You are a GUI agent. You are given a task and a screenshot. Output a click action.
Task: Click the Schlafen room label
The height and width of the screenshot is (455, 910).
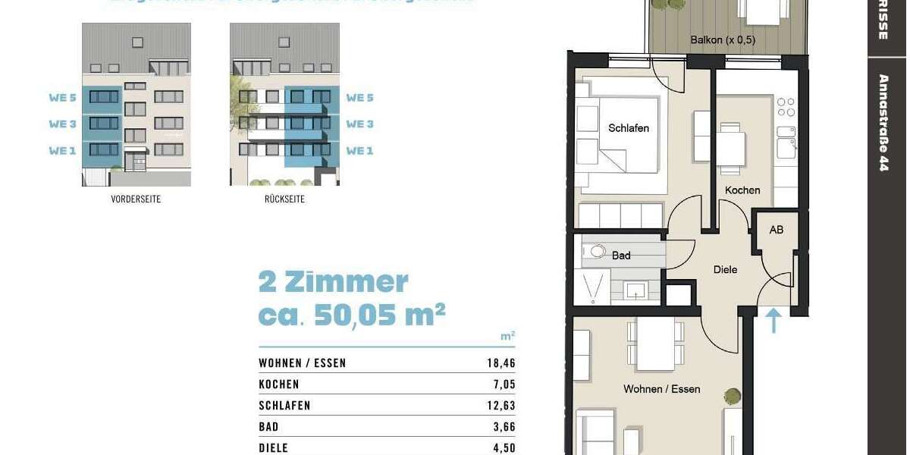click(628, 128)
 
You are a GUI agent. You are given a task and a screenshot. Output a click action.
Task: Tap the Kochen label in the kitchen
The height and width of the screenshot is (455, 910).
click(742, 190)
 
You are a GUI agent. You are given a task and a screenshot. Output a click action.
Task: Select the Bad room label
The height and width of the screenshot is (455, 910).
click(621, 256)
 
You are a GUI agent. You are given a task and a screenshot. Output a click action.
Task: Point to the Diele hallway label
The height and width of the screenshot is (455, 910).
click(725, 269)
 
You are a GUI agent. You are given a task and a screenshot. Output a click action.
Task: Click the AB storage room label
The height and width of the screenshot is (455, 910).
click(776, 229)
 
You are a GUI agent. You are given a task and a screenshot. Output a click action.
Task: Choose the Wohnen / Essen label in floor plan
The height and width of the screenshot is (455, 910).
click(661, 389)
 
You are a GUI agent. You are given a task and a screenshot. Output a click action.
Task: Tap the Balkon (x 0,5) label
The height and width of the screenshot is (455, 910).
click(723, 39)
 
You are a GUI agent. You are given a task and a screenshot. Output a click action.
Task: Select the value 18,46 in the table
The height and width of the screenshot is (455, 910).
click(500, 363)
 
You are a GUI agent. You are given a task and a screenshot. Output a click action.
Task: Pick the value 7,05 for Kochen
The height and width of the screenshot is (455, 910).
click(504, 384)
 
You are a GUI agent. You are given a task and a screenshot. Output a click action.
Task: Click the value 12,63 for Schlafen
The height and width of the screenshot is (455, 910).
click(500, 406)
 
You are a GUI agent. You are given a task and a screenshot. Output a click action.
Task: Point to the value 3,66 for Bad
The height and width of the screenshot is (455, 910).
click(504, 427)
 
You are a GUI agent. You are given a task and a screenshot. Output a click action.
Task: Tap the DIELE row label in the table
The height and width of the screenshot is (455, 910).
click(274, 448)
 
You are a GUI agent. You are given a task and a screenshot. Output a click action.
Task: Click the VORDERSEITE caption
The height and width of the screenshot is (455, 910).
click(136, 199)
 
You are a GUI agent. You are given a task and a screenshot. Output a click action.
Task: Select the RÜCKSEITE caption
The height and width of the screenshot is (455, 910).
click(284, 199)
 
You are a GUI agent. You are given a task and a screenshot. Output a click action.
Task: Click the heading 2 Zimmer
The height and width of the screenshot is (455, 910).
click(333, 282)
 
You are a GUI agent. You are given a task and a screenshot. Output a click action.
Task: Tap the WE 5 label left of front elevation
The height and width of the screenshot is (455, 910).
click(63, 97)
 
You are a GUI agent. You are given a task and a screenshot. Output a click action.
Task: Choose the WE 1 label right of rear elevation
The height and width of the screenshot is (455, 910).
click(359, 150)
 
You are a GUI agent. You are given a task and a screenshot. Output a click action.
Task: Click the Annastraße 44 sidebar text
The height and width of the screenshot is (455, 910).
click(883, 122)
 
